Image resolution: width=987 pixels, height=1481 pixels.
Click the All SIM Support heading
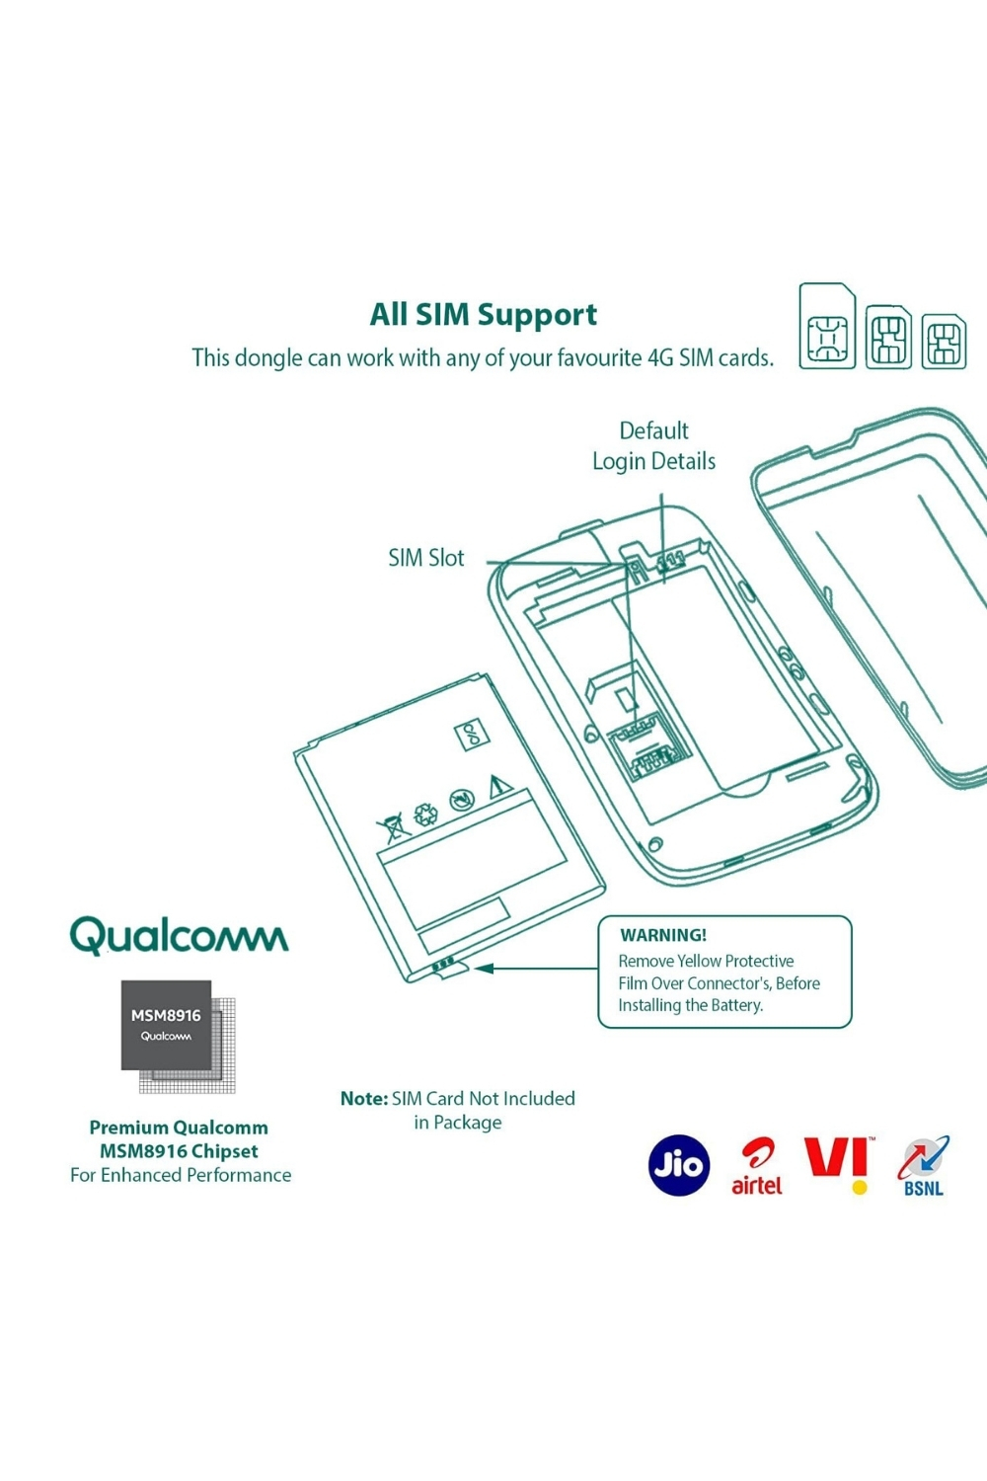click(x=483, y=314)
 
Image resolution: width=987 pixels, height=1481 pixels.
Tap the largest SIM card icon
click(x=827, y=327)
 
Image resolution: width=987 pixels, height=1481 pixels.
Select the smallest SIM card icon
click(x=944, y=341)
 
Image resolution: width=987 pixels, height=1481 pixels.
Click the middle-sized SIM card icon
click(x=888, y=337)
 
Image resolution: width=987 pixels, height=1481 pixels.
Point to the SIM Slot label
click(x=425, y=558)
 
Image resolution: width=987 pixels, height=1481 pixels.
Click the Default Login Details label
click(x=653, y=445)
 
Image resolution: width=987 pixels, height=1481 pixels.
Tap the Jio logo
click(x=679, y=1165)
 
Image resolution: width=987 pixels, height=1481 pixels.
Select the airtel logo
click(x=757, y=1167)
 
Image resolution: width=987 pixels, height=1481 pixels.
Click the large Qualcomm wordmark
click(x=179, y=935)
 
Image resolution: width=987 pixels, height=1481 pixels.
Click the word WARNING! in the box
click(x=663, y=935)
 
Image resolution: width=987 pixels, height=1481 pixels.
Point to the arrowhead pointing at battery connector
click(x=484, y=969)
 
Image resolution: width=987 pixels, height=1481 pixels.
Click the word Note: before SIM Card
click(x=363, y=1098)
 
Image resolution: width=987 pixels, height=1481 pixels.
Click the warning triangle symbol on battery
click(x=499, y=787)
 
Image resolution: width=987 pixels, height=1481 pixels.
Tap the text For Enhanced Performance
click(x=181, y=1175)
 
